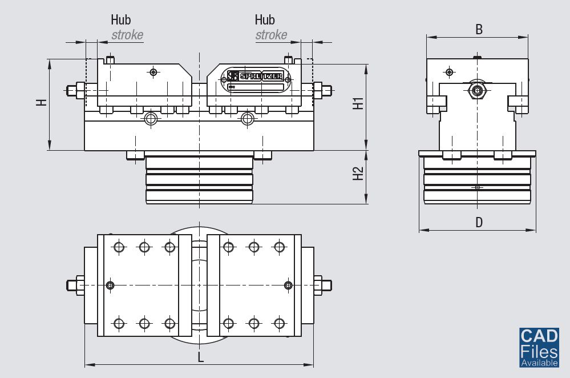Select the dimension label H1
[358, 103]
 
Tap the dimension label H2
[358, 174]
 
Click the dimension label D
[479, 222]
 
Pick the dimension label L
[200, 357]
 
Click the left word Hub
[120, 20]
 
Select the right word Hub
[265, 20]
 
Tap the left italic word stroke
[127, 35]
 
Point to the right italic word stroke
[271, 35]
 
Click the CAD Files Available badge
[539, 347]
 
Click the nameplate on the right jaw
[256, 80]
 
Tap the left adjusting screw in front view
[75, 90]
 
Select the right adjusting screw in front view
[324, 90]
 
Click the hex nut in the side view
[476, 90]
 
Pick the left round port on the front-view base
[151, 119]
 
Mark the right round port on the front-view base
[247, 119]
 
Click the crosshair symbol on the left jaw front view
[152, 72]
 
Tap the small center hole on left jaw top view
[110, 285]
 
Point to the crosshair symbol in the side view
[450, 72]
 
